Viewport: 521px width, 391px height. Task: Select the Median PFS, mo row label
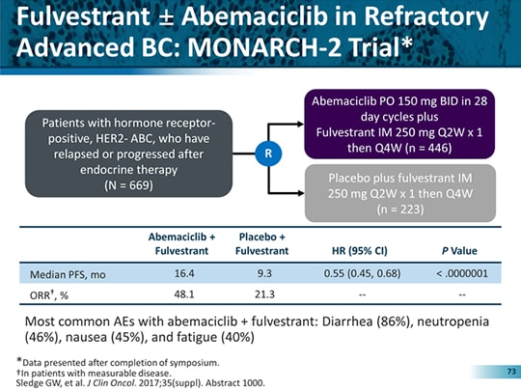[69, 273]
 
